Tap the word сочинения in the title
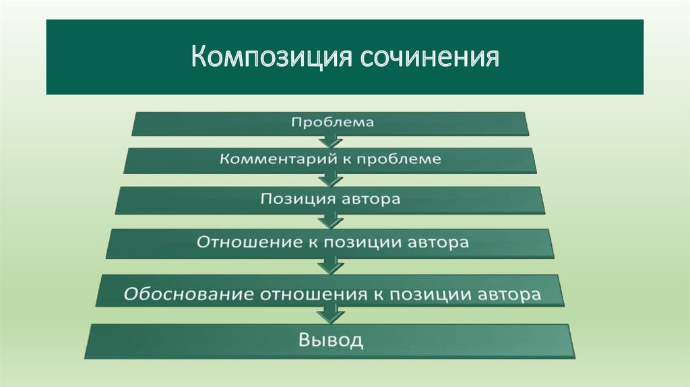(430, 57)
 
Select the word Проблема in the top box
(332, 122)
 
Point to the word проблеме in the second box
(399, 159)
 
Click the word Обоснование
(189, 294)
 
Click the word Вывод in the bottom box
(331, 340)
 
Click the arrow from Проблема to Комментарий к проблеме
(330, 141)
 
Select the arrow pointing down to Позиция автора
(330, 179)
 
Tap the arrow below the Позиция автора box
(330, 221)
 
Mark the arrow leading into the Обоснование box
(330, 266)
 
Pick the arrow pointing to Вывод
(330, 316)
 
